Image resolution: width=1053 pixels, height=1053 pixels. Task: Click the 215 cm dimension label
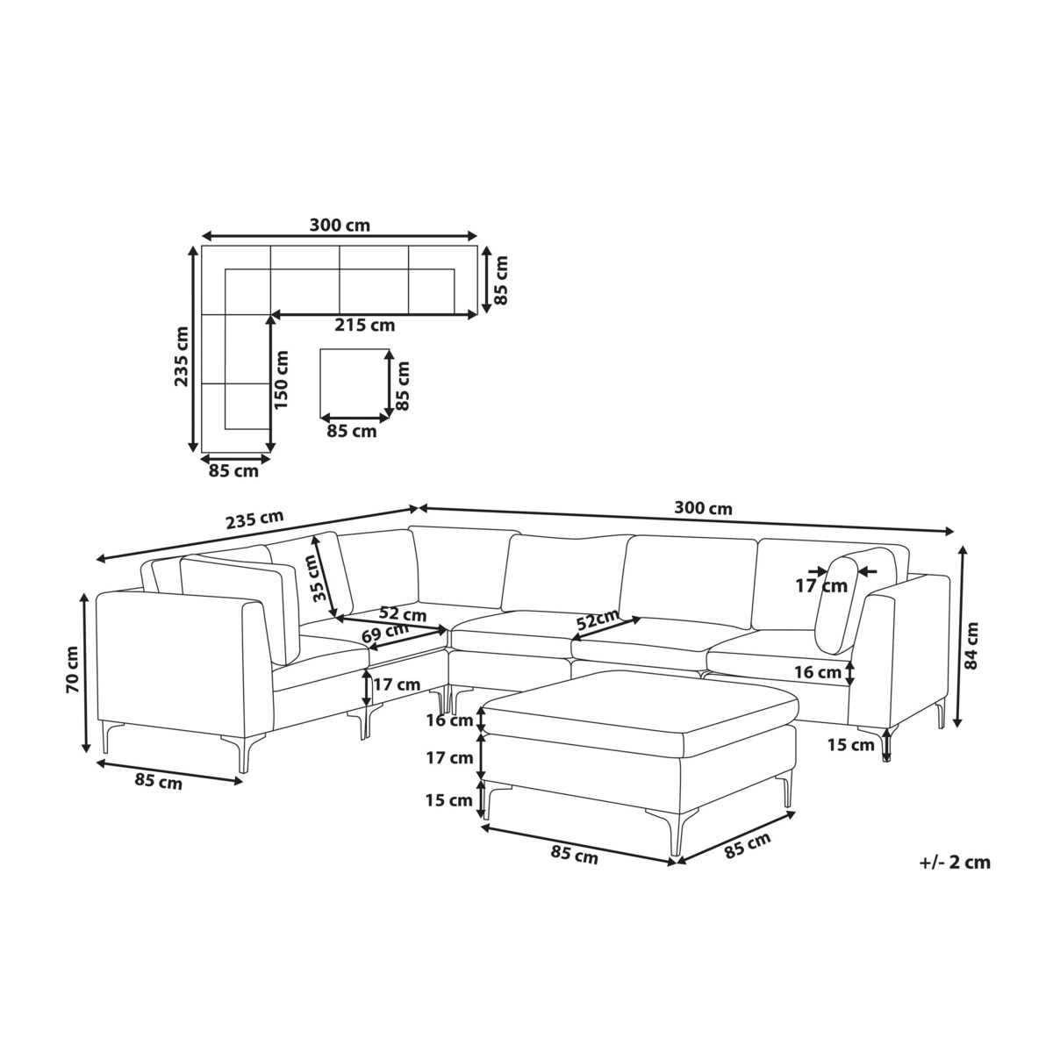tap(364, 326)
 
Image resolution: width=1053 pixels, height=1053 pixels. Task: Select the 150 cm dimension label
tap(281, 380)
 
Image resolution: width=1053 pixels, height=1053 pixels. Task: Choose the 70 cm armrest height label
tap(72, 669)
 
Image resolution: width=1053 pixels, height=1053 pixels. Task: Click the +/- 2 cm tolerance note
tap(955, 863)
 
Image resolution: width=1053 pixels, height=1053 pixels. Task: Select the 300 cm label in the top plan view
tap(340, 226)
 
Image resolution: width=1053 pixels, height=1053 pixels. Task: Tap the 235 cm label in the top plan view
tap(181, 356)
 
